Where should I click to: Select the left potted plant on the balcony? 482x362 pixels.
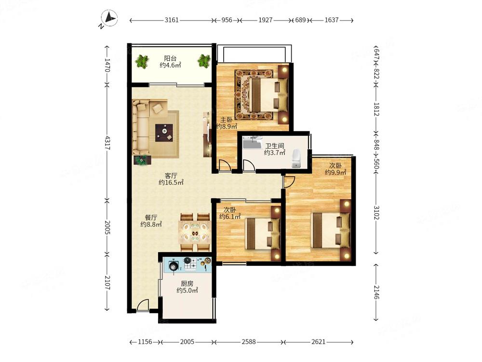(142, 61)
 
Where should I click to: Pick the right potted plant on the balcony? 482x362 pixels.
(204, 61)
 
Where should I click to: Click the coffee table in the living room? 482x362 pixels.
(164, 130)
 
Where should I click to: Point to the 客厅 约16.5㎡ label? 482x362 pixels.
(171, 179)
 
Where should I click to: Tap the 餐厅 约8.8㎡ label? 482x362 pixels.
(151, 221)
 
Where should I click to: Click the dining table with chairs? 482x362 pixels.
(195, 232)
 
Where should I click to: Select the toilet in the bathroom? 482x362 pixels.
(296, 159)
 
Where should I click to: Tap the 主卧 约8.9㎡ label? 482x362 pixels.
(226, 123)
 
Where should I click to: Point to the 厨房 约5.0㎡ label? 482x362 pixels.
(187, 287)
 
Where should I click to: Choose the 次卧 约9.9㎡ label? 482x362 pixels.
(335, 168)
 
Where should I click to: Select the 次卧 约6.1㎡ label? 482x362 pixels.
(229, 213)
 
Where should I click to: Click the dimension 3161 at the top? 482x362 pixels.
(172, 20)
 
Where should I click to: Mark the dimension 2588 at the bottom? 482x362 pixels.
(249, 342)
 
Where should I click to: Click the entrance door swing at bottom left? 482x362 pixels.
(143, 306)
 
